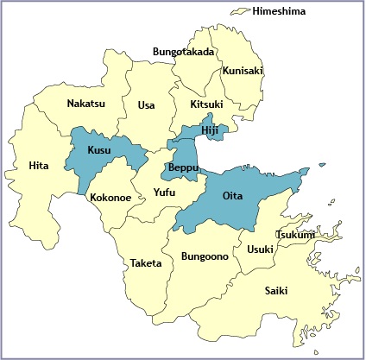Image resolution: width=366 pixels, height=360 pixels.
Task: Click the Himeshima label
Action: click(x=279, y=11)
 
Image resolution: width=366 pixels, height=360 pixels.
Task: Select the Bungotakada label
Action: click(x=183, y=52)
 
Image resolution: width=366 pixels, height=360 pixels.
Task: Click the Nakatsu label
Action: click(x=87, y=104)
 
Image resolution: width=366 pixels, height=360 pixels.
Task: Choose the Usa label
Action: click(x=146, y=105)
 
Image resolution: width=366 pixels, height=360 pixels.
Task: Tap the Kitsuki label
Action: click(x=206, y=104)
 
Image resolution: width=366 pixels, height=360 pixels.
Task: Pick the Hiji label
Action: click(x=211, y=129)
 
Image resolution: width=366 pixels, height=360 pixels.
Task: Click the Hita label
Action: click(x=39, y=165)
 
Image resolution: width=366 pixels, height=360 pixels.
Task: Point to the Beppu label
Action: click(x=184, y=167)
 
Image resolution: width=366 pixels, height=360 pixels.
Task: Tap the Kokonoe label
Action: click(x=110, y=197)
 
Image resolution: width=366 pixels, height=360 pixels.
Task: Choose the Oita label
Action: click(x=232, y=196)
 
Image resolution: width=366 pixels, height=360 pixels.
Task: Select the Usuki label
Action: click(x=260, y=249)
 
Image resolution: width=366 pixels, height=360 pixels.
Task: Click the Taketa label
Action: click(x=146, y=262)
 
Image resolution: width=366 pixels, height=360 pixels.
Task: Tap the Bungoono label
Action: click(x=205, y=256)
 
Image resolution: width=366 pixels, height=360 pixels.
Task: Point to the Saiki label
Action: click(x=276, y=290)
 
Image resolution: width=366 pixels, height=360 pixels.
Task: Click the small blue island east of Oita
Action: click(x=322, y=165)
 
